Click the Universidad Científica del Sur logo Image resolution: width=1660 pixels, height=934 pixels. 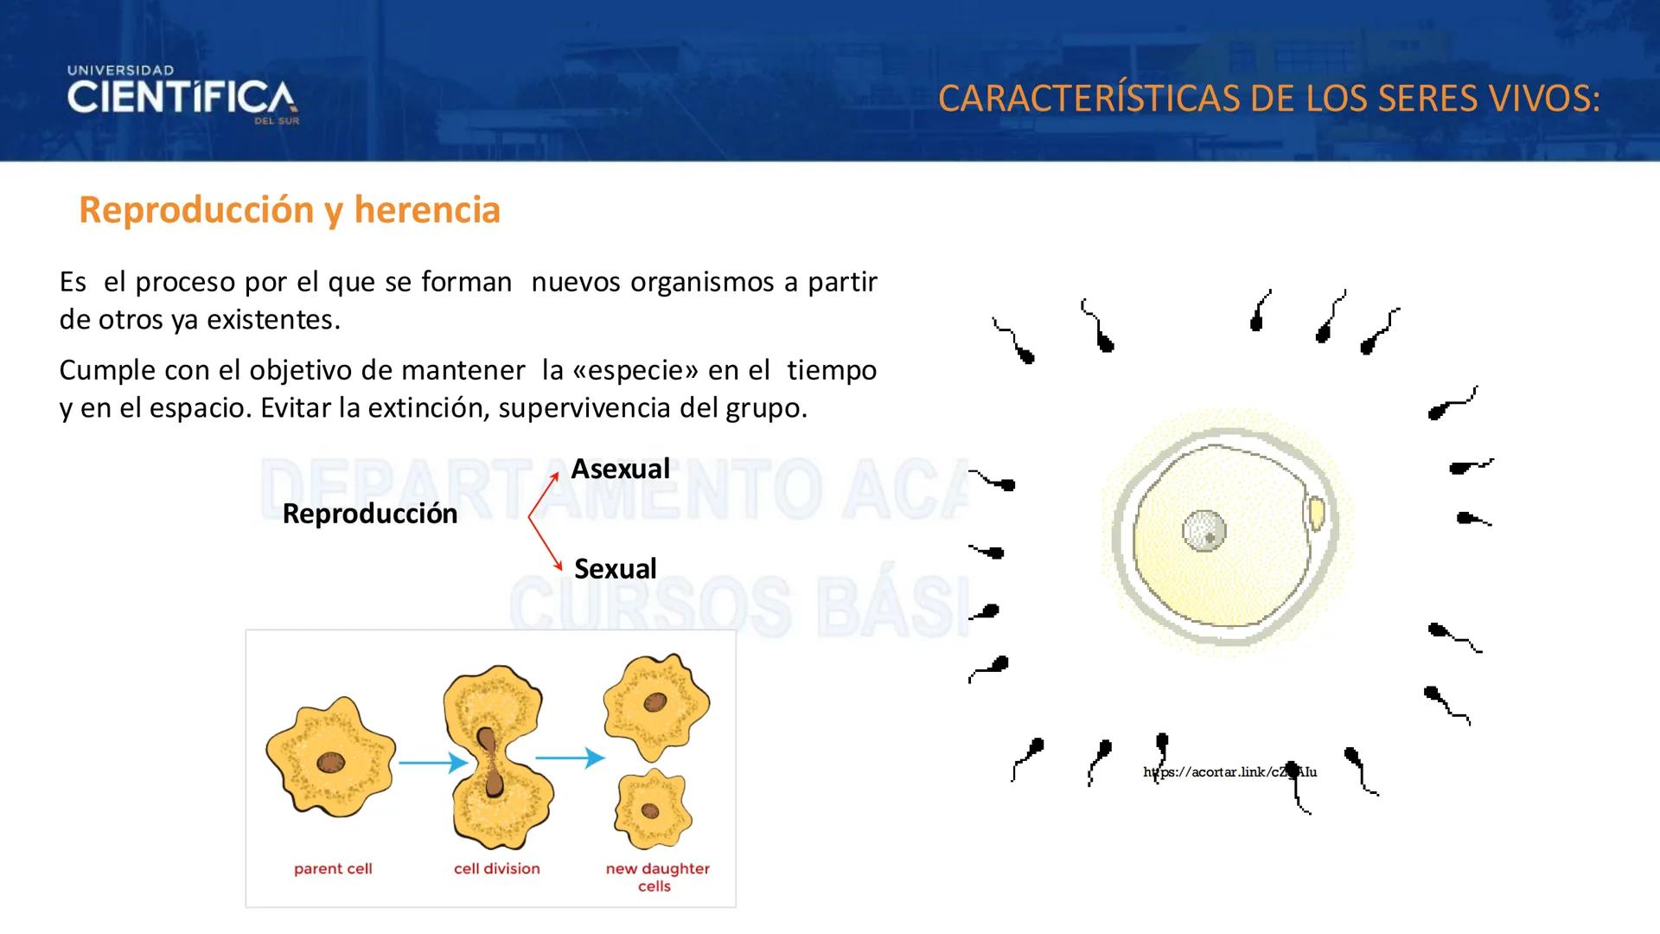tap(182, 96)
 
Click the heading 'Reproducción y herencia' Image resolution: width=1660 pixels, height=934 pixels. tap(290, 210)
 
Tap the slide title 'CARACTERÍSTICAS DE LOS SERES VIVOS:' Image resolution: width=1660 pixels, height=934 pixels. tap(1268, 99)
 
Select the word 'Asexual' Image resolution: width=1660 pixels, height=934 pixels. tap(620, 469)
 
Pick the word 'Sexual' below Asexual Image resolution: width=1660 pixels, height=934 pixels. tap(615, 569)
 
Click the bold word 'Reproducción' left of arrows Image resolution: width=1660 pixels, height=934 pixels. tap(369, 514)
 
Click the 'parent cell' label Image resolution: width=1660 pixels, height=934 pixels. tap(333, 868)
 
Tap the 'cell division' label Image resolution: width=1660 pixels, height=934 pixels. tap(496, 868)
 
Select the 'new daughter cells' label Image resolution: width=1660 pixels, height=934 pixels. tap(657, 876)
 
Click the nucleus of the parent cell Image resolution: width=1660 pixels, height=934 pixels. tap(330, 763)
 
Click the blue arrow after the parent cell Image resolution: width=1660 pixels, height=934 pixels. tap(432, 763)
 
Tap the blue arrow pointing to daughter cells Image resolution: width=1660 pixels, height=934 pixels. tap(570, 758)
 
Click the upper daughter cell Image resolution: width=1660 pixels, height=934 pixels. tap(656, 705)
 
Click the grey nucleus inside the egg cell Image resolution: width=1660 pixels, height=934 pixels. tap(1203, 531)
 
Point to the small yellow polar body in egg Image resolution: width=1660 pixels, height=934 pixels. tap(1315, 513)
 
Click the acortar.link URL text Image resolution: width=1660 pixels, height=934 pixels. tap(1229, 772)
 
